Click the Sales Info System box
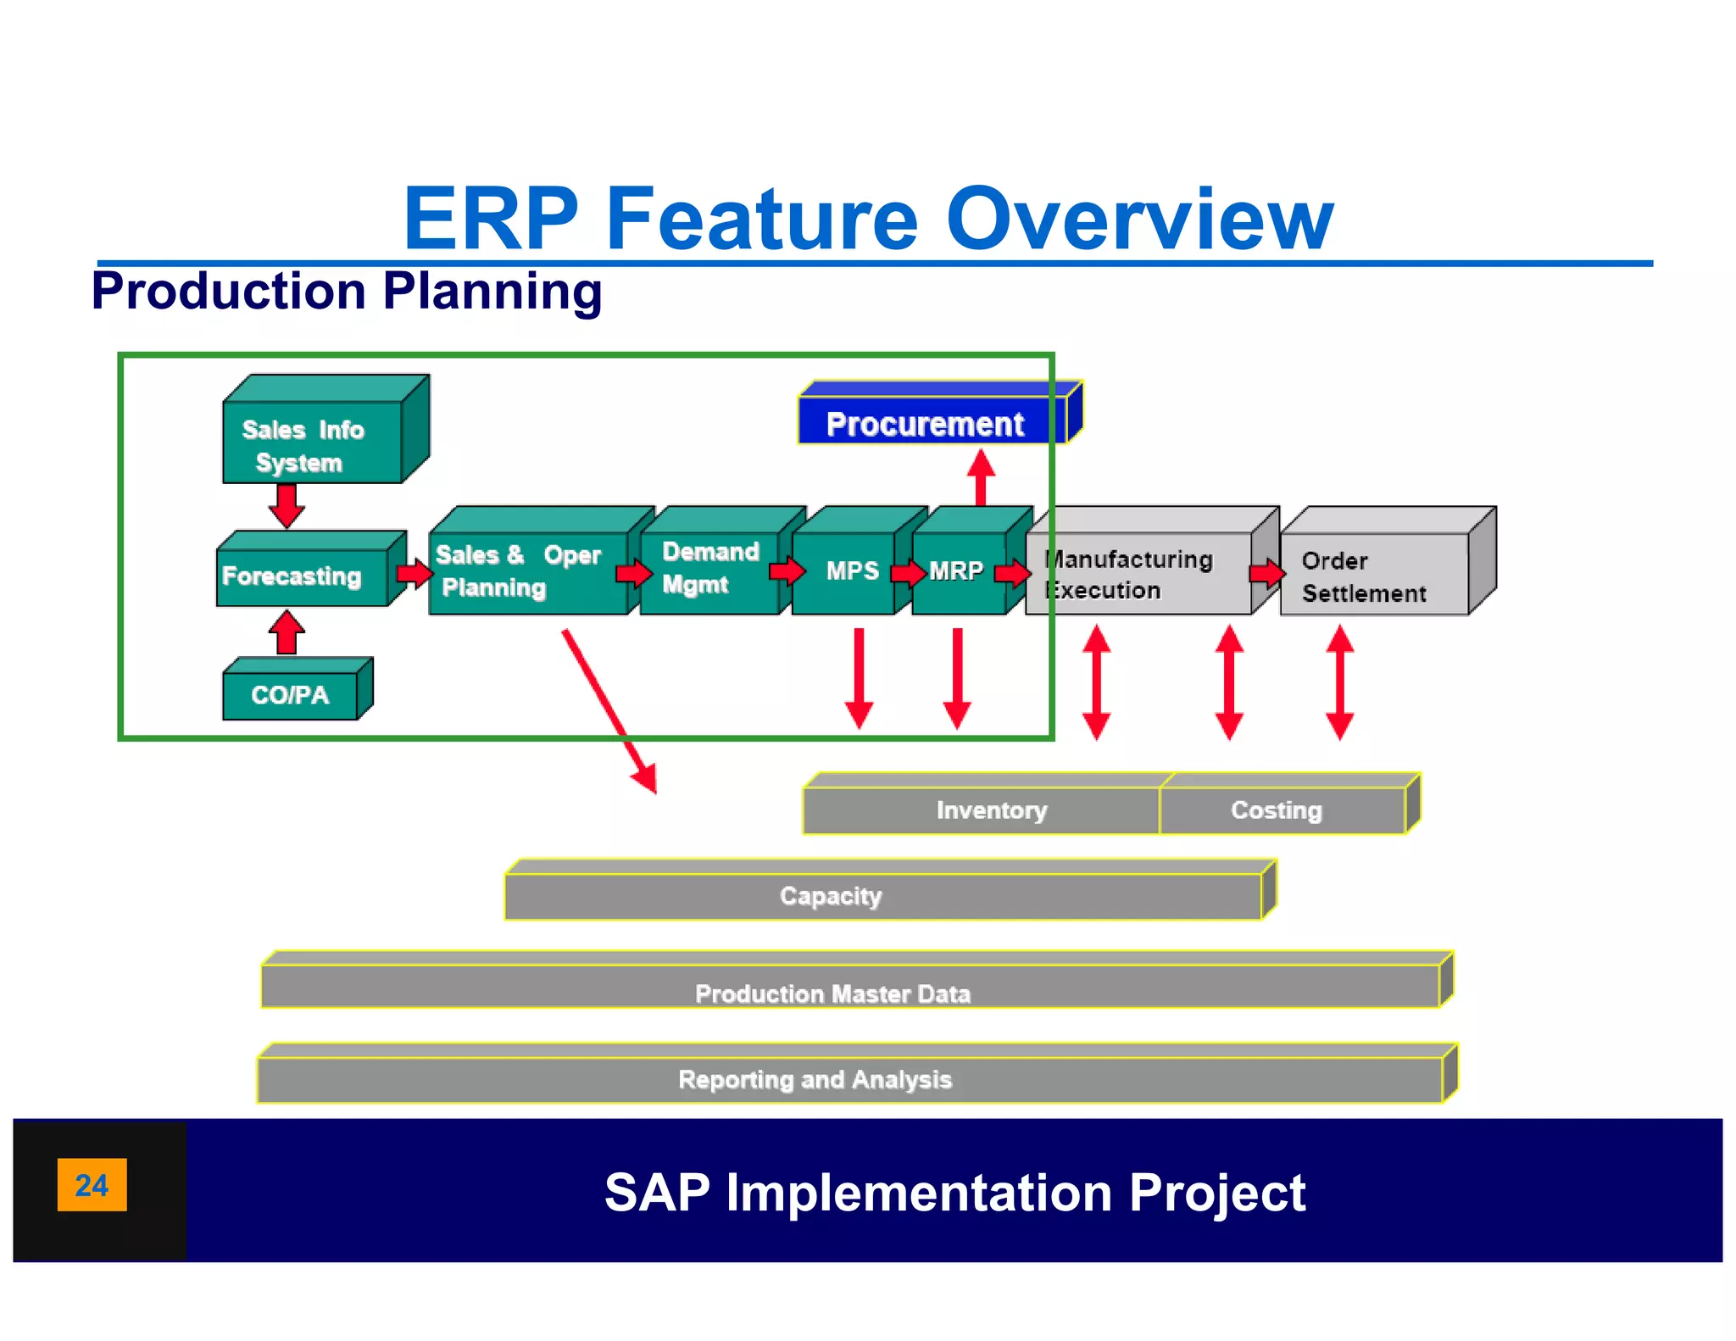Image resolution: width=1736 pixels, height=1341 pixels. [x=312, y=442]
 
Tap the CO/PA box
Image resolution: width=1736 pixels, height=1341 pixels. [x=290, y=695]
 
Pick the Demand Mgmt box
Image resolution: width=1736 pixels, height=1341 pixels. [x=709, y=569]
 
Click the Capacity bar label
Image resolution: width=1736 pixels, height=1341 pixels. [x=831, y=896]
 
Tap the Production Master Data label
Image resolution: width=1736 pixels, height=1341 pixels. [x=832, y=993]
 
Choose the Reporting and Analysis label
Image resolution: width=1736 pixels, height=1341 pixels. [x=815, y=1079]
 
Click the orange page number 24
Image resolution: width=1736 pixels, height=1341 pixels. [x=92, y=1184]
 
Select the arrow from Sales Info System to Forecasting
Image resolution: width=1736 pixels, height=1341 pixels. [x=287, y=505]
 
